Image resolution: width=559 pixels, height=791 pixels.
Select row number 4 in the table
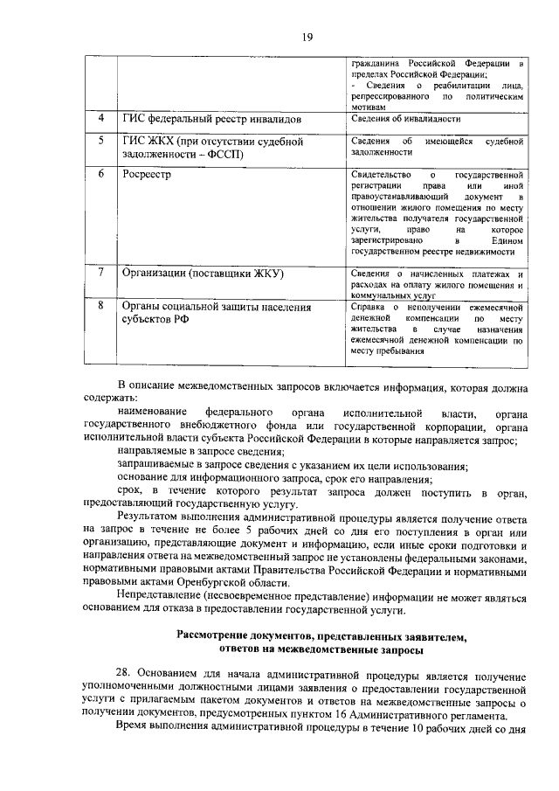tap(100, 117)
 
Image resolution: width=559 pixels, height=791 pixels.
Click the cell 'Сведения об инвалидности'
tap(405, 118)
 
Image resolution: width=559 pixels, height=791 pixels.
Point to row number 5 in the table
tap(100, 140)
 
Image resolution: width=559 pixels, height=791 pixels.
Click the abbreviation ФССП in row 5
tap(224, 155)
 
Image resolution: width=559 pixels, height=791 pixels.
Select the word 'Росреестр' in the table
tap(147, 174)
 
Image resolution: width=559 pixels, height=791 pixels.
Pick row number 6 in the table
tap(100, 174)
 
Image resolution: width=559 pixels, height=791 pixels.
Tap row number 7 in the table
tap(100, 273)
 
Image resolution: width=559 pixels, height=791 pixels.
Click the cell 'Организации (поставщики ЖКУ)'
tap(205, 274)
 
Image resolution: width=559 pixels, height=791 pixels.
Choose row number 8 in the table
tap(100, 306)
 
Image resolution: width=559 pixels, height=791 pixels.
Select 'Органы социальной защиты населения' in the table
tap(216, 307)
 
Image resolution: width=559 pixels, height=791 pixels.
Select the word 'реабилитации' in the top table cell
tap(462, 85)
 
